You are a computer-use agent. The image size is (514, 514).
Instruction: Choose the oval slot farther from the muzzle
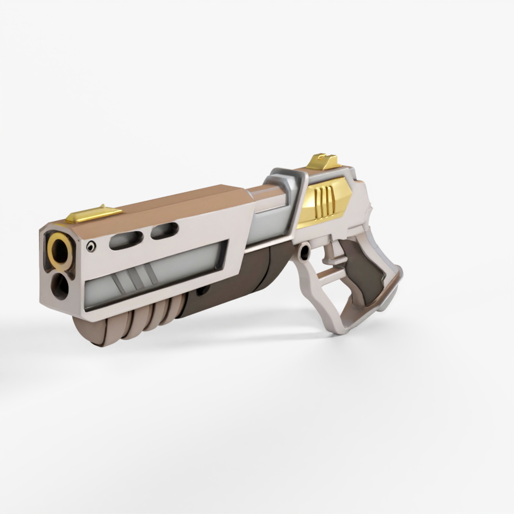[x=164, y=231]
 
